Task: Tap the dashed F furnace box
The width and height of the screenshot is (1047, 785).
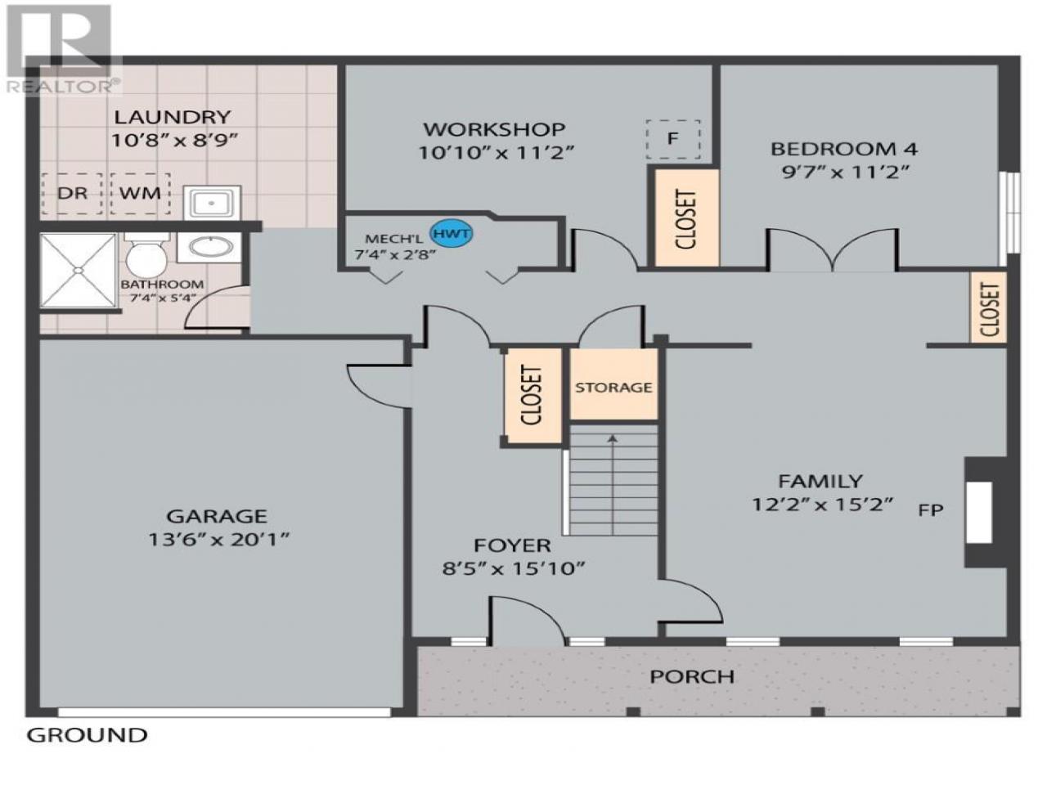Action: (x=672, y=139)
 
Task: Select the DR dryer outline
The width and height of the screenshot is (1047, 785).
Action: (x=72, y=193)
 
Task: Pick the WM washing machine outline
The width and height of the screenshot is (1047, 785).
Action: (x=140, y=193)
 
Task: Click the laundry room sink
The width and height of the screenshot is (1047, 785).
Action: (x=212, y=203)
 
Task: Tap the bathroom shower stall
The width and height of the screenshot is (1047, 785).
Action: (x=78, y=270)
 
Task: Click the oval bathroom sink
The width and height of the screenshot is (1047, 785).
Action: (x=211, y=248)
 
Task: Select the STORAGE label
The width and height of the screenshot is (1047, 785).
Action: (x=613, y=388)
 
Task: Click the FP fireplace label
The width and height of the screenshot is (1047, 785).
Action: (x=931, y=510)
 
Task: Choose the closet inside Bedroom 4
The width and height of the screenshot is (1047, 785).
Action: (x=686, y=218)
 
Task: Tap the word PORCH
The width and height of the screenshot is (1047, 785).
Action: (x=692, y=676)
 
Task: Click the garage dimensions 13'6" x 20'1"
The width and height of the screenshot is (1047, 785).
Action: (x=219, y=540)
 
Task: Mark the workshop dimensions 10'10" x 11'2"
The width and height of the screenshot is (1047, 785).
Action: (x=496, y=153)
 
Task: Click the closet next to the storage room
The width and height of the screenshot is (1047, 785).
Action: (x=532, y=396)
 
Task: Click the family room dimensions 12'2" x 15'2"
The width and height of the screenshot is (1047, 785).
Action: (x=822, y=505)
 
